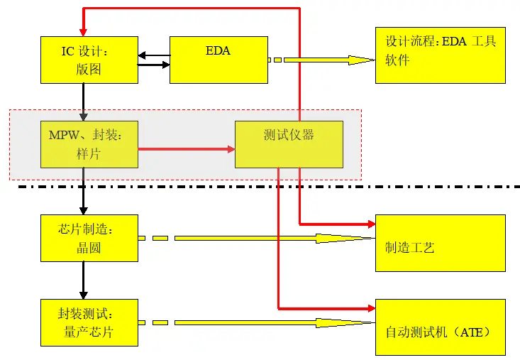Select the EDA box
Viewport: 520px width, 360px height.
218,60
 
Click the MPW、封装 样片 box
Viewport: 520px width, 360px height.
89,144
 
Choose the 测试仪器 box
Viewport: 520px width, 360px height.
289,144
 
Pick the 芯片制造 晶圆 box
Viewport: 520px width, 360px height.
89,238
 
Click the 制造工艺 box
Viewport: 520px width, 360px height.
440,243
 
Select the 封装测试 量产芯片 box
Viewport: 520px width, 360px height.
89,322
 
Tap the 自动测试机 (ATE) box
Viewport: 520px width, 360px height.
440,327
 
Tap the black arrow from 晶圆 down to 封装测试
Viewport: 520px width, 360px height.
84,280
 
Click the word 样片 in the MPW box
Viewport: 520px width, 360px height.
89,153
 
